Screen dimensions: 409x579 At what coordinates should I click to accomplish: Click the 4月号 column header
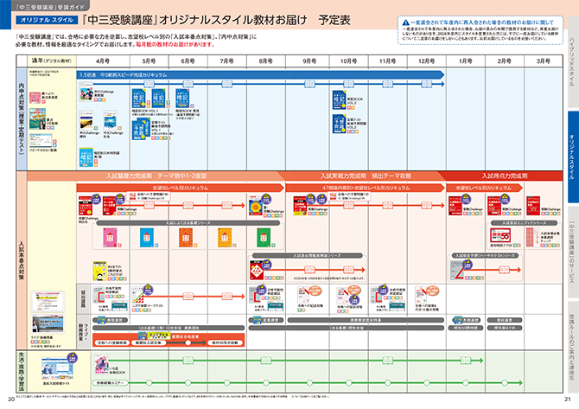coord(103,62)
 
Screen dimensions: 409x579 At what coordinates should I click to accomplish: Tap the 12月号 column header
coord(425,62)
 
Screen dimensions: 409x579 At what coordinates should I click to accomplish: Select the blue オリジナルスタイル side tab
coord(570,150)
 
